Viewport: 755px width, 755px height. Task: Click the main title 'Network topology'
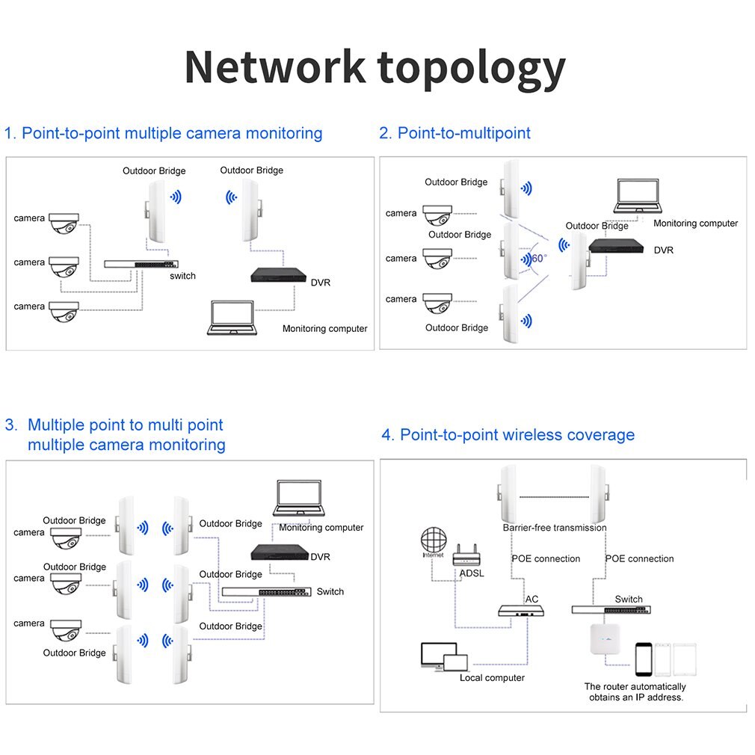375,67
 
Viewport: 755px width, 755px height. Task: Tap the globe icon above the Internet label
433,541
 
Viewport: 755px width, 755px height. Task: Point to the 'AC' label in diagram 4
531,600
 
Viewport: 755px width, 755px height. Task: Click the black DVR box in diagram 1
278,274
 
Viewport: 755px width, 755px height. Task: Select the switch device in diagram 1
141,264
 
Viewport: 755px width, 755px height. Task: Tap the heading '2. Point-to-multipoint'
454,133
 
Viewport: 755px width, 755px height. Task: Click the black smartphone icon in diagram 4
643,659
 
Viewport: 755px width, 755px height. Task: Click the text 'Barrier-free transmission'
555,528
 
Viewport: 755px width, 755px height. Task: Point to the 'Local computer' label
492,678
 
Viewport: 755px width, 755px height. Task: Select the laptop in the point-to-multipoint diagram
635,198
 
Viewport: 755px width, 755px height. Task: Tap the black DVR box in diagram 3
280,552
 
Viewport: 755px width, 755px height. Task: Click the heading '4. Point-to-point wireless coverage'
508,435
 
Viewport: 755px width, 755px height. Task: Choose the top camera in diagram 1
64,222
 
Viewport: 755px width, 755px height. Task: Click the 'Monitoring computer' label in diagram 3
321,528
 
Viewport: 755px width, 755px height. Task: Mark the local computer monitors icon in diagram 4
444,657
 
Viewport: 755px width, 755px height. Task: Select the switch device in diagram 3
265,592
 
